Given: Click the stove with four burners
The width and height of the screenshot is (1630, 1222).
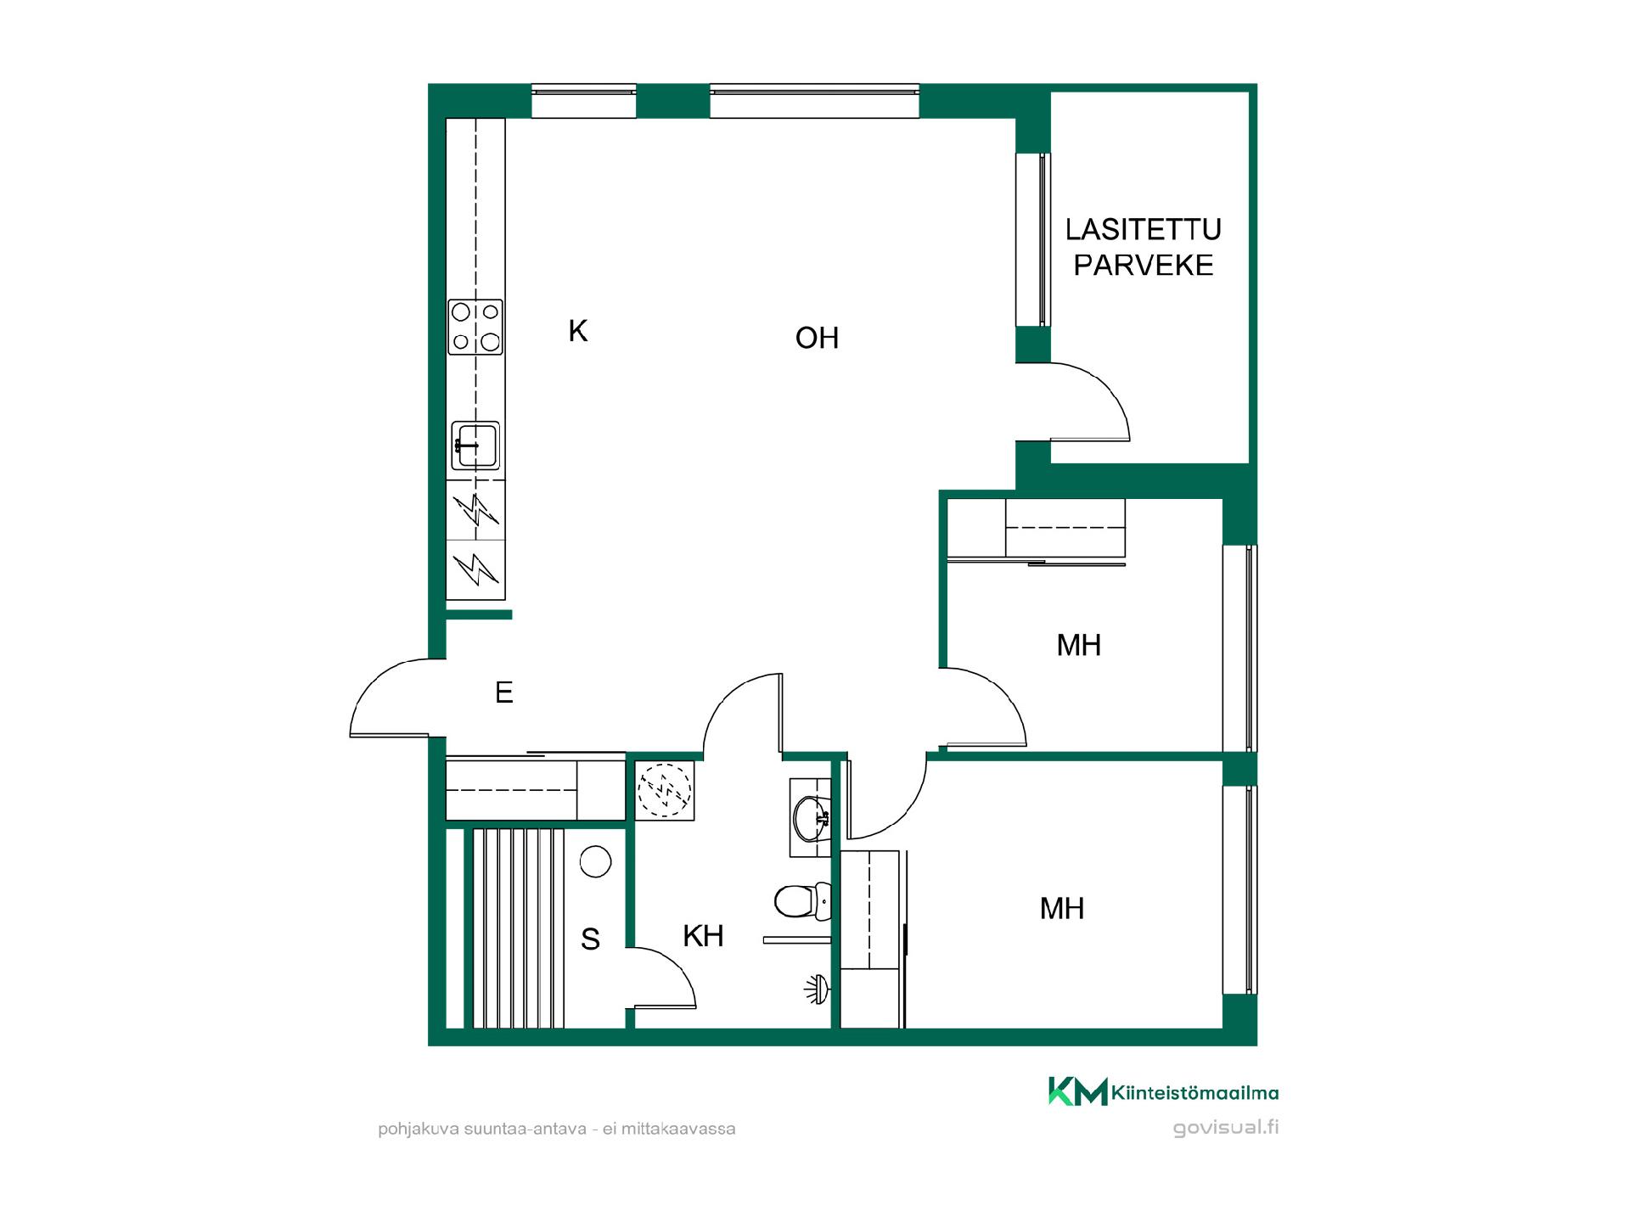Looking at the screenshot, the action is pyautogui.click(x=475, y=327).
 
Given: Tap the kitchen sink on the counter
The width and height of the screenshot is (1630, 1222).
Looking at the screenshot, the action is pyautogui.click(x=475, y=445).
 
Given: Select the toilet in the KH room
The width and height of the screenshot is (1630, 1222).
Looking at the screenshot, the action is pyautogui.click(x=802, y=901).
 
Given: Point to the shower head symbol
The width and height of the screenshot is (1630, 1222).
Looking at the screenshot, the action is pyautogui.click(x=817, y=989).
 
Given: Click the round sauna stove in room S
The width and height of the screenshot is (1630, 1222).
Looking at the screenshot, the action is pyautogui.click(x=595, y=862).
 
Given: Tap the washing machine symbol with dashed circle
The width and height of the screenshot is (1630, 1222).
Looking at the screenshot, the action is pyautogui.click(x=665, y=790).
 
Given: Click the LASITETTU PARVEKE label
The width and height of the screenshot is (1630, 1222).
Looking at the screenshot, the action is pyautogui.click(x=1144, y=247).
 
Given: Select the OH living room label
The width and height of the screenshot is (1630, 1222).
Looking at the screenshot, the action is pyautogui.click(x=817, y=338).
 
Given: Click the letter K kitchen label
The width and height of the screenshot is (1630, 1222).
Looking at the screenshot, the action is pyautogui.click(x=578, y=331).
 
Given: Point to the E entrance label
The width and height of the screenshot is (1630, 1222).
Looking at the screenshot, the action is pyautogui.click(x=504, y=692).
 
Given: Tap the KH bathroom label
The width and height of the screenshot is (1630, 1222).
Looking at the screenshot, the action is pyautogui.click(x=703, y=936).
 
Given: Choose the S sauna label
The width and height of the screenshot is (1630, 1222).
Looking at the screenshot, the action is pyautogui.click(x=590, y=939).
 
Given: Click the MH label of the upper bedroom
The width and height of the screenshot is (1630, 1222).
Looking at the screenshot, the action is pyautogui.click(x=1078, y=645).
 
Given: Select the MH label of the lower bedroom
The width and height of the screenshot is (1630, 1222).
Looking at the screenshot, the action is pyautogui.click(x=1062, y=909).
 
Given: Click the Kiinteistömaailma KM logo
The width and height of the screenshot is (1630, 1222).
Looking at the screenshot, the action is pyautogui.click(x=1163, y=1092).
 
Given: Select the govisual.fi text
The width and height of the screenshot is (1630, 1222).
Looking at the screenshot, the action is pyautogui.click(x=1226, y=1128).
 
